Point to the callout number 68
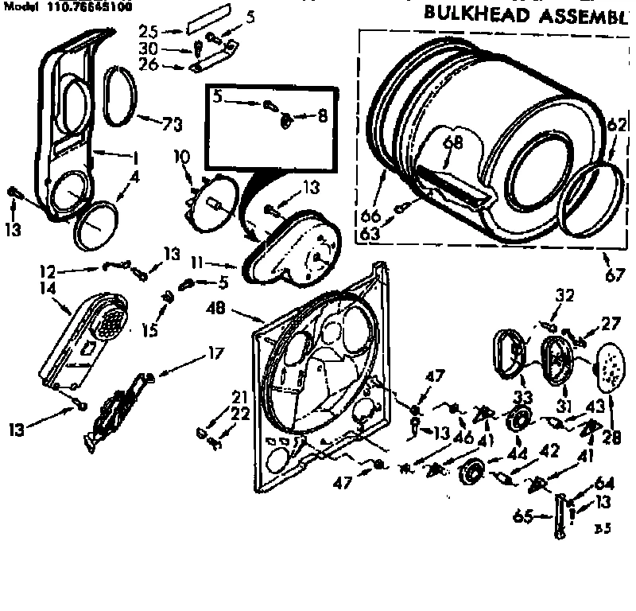(x=452, y=143)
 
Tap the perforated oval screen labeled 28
(x=611, y=368)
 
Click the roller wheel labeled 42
(x=472, y=471)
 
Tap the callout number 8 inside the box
(x=322, y=116)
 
